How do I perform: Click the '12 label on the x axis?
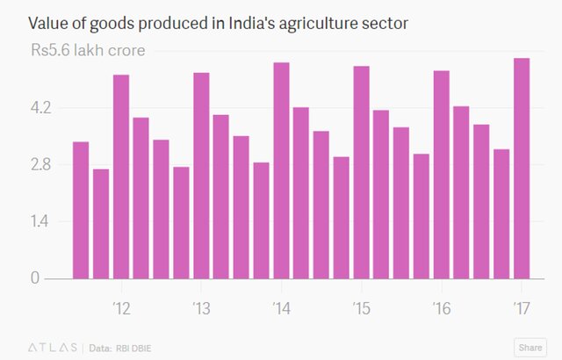[120, 308]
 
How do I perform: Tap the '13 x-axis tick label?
[200, 308]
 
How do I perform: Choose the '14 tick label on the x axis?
[281, 308]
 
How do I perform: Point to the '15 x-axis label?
[361, 308]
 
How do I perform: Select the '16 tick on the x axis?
[442, 308]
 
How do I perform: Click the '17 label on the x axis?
[522, 308]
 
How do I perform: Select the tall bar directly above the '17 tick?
[522, 168]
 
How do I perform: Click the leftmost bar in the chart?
[81, 210]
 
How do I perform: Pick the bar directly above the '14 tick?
[281, 170]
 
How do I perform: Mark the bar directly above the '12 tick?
[121, 176]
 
